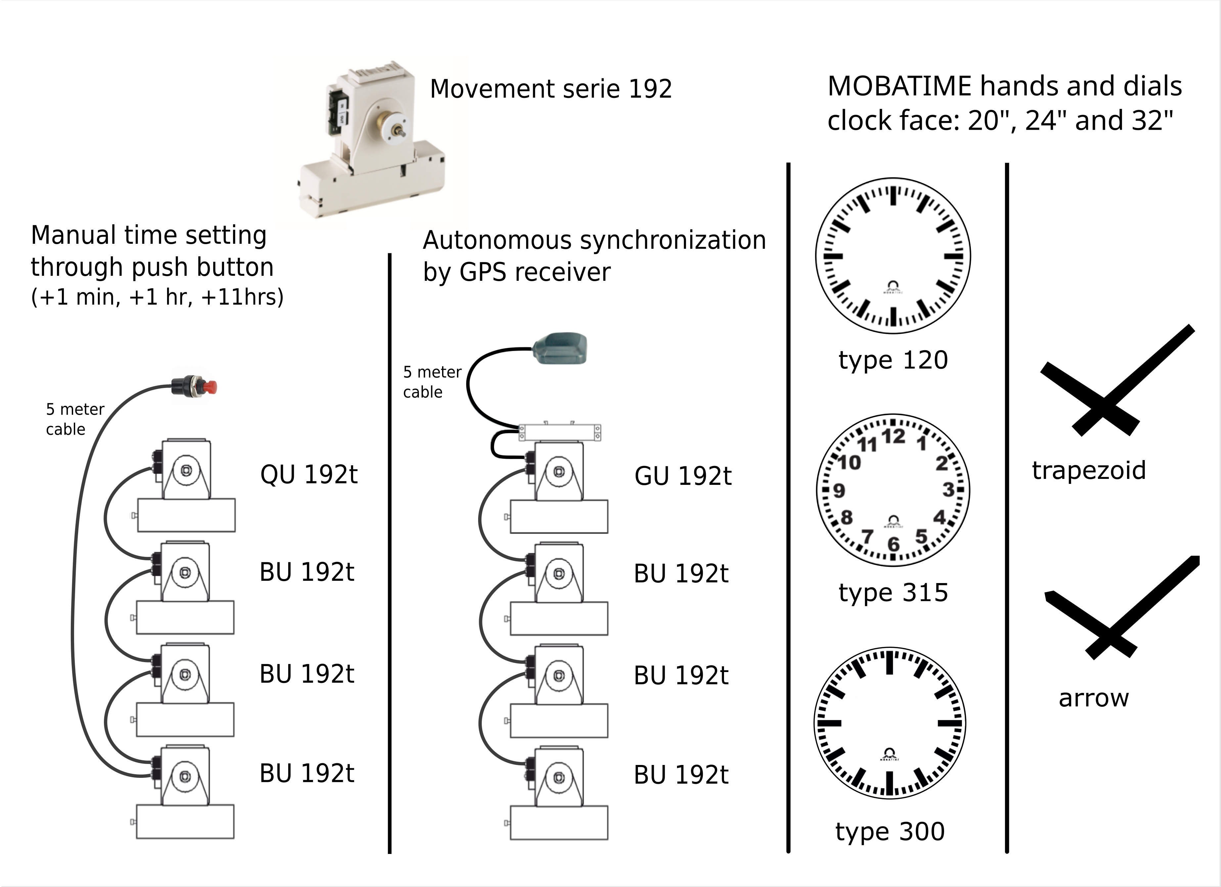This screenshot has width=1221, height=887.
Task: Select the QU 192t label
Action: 308,474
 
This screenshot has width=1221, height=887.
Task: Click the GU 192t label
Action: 683,476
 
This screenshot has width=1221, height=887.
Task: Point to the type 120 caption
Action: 893,359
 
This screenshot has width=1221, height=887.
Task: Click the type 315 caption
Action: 893,593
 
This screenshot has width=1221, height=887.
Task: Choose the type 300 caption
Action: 890,831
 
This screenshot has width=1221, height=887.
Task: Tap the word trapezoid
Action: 1089,470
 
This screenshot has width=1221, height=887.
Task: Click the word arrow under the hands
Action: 1093,698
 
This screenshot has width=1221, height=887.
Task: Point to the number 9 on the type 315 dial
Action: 839,490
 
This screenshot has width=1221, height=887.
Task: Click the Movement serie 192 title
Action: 551,89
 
